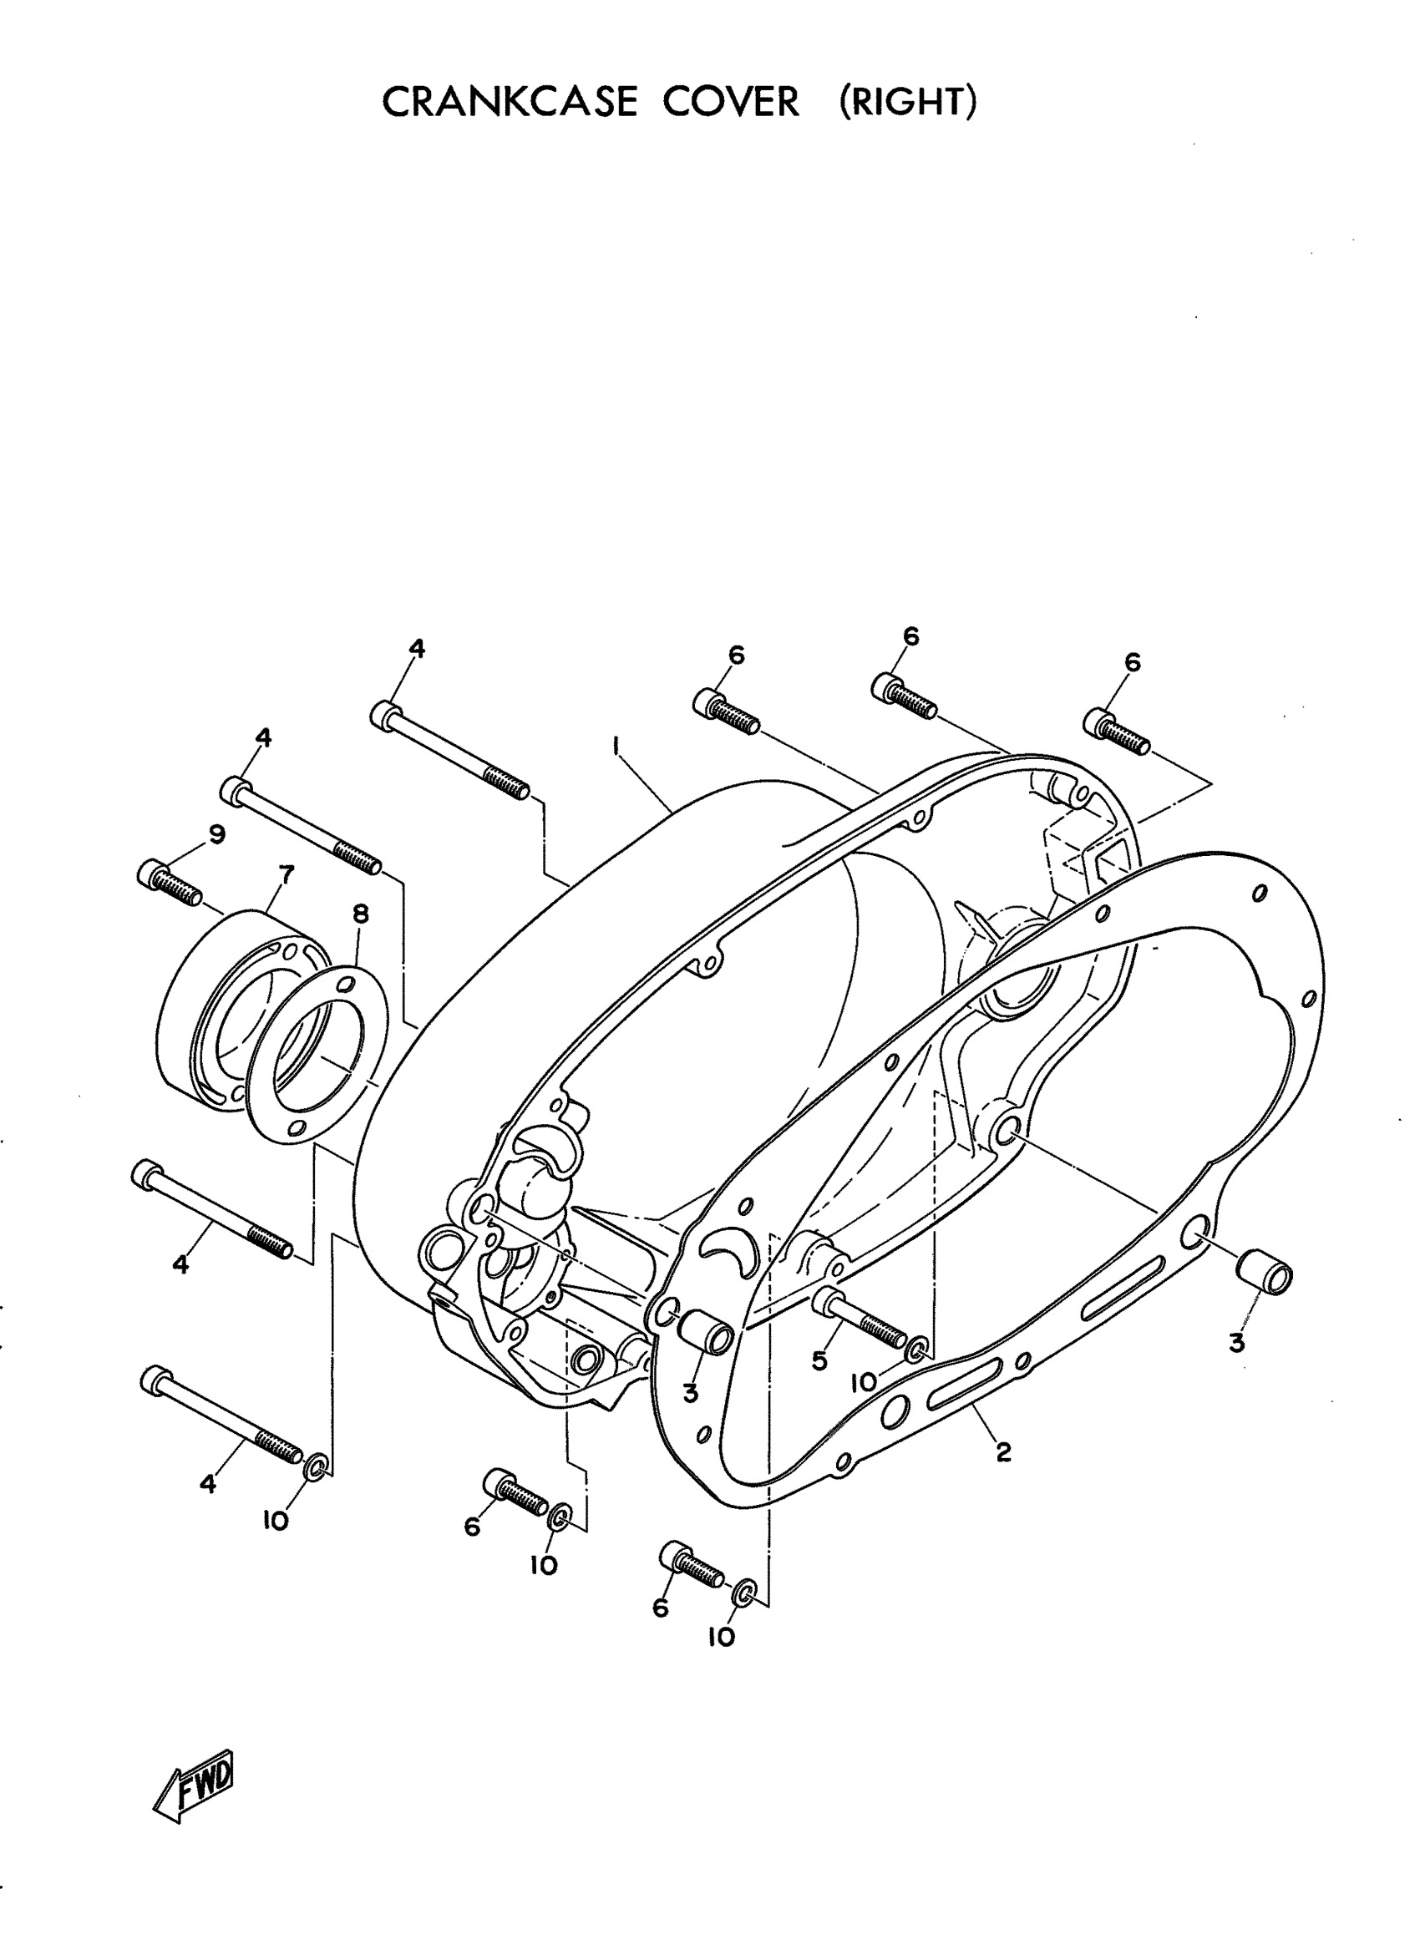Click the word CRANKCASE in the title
click(x=509, y=102)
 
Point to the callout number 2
click(x=1002, y=1452)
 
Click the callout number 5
click(x=819, y=1361)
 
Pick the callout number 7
click(x=286, y=874)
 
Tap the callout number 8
click(x=360, y=914)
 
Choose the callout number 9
click(x=216, y=834)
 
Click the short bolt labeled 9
click(x=170, y=882)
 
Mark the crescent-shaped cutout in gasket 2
click(x=729, y=1248)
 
